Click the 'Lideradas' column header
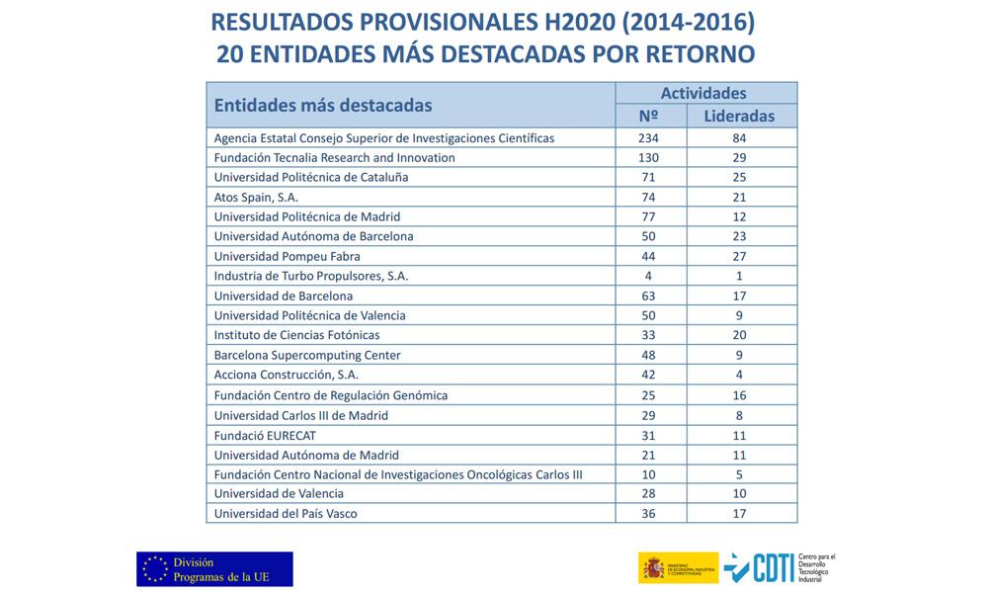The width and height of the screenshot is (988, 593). (739, 116)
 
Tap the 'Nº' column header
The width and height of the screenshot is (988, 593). (648, 116)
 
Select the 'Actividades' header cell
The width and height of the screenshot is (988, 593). (703, 93)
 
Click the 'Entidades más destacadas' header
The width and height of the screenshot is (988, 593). (323, 105)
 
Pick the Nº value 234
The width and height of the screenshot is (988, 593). (648, 138)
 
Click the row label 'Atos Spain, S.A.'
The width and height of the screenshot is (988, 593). (256, 198)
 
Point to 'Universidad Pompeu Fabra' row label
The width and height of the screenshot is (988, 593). (288, 257)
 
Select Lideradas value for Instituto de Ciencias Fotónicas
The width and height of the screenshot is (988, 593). (739, 335)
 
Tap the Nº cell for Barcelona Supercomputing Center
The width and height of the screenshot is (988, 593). (648, 355)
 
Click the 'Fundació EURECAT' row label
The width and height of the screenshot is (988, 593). (265, 436)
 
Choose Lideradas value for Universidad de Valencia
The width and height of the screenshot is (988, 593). (739, 493)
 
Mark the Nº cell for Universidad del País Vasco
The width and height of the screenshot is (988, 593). (648, 514)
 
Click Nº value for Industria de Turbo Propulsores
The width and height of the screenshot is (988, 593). (648, 276)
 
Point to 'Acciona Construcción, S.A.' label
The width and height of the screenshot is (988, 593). (287, 375)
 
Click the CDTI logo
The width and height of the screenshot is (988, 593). (780, 567)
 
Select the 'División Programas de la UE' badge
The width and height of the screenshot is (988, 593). (214, 569)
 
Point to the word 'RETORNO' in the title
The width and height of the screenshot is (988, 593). (700, 54)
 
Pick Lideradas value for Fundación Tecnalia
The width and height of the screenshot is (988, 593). (739, 157)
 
